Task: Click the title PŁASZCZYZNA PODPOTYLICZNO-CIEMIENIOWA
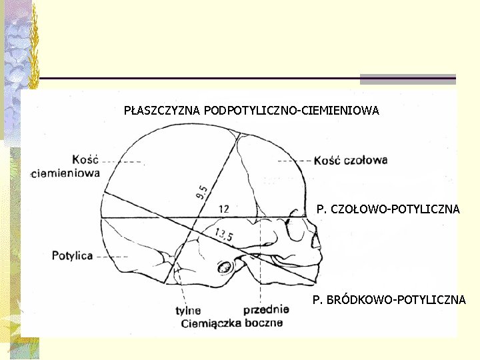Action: [x=251, y=111]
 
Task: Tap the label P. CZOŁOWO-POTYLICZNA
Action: [x=388, y=209]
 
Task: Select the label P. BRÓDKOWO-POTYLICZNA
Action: [x=389, y=300]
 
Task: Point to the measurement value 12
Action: [x=224, y=209]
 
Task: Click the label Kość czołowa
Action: [x=350, y=161]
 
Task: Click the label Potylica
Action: [x=72, y=255]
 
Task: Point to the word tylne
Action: [x=188, y=310]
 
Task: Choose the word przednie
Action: [x=266, y=309]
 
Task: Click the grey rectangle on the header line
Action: [x=407, y=79]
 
